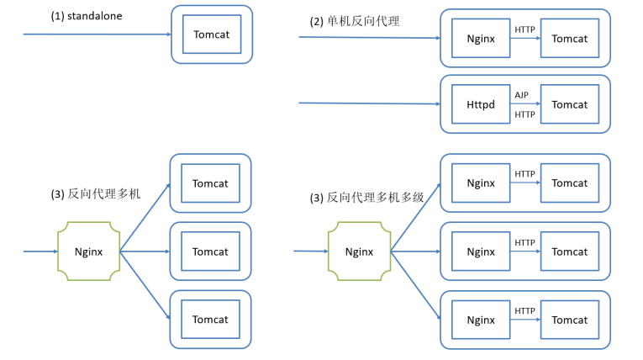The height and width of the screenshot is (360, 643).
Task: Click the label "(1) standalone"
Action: coord(87,16)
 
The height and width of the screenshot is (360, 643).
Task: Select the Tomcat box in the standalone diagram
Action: coord(212,34)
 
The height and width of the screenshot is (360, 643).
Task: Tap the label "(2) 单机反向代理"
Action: coord(355,21)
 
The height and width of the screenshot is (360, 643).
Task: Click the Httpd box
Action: coord(481,104)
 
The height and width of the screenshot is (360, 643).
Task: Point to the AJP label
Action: coord(522,95)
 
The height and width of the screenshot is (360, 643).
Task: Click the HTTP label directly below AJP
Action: coord(524,114)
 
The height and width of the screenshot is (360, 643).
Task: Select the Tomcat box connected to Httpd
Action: coord(570,104)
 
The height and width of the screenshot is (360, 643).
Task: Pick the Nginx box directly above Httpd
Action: coord(481,38)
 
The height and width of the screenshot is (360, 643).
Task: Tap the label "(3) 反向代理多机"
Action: coord(96,193)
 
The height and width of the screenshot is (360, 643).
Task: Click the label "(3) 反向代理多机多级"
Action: coord(366,198)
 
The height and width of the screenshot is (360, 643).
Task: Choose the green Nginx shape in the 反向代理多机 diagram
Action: coord(88,251)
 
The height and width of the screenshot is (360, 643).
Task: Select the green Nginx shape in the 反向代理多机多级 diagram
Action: coord(359,251)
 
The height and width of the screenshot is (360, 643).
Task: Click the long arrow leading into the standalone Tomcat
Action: coord(98,34)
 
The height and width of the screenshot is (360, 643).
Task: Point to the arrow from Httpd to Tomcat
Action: coord(525,103)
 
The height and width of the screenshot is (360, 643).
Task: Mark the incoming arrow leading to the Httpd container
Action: coord(370,103)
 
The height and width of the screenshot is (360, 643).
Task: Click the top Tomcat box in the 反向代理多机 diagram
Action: coord(210,183)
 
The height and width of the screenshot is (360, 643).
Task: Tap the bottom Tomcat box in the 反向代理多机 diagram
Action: coord(210,320)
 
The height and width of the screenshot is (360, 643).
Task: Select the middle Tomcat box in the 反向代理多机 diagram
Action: coord(210,251)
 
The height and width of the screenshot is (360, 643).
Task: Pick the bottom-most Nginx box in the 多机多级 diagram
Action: coord(481,320)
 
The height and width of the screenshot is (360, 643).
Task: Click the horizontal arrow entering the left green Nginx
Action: coord(40,251)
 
